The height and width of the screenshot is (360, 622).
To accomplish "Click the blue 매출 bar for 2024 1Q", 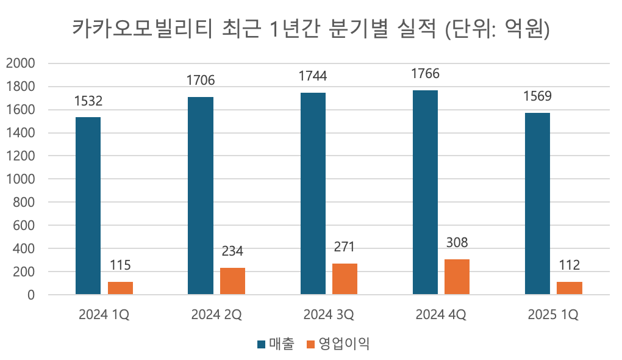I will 88,206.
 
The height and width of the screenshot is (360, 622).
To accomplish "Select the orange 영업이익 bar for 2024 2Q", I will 232,281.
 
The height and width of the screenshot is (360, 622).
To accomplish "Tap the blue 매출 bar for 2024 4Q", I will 425,192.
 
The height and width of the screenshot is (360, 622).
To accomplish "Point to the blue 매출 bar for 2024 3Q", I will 313,193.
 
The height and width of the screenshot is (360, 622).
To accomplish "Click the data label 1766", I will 426,73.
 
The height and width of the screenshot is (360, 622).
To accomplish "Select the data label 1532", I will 88,101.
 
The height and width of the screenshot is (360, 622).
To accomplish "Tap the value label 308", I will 457,243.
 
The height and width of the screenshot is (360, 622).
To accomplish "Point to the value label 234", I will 232,251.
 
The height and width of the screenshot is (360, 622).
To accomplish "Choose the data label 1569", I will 537,96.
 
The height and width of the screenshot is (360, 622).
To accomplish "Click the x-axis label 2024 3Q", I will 328,315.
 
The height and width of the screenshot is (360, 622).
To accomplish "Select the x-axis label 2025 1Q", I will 553,315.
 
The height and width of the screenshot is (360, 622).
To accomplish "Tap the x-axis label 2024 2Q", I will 216,315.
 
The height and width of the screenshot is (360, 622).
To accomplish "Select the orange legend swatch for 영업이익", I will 310,345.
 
